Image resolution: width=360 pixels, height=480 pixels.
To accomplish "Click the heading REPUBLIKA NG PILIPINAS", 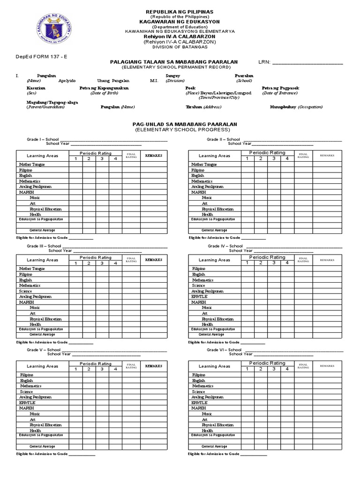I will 180,11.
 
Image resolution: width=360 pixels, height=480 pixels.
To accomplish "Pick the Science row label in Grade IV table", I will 199,285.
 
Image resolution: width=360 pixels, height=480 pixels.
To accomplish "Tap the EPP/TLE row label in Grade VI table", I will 200,403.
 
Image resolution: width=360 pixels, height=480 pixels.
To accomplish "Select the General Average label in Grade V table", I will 42,447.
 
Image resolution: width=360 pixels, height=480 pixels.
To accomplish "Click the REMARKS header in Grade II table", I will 327,156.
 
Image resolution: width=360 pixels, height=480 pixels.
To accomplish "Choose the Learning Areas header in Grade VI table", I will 215,366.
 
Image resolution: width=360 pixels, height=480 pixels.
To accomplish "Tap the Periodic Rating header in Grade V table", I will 96,363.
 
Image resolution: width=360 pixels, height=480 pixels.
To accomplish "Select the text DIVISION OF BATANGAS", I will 180,47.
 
